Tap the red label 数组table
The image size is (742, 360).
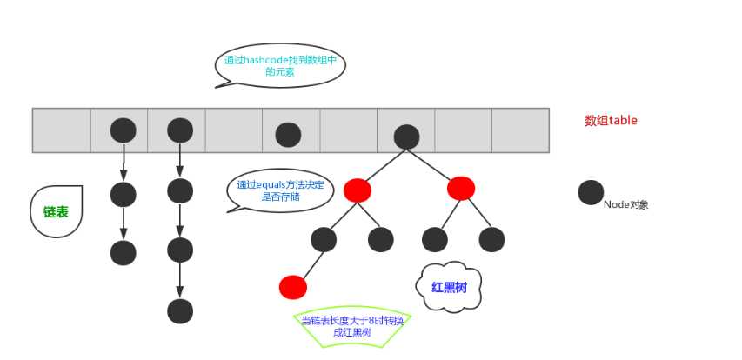(x=611, y=121)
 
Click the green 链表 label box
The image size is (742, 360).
(x=57, y=211)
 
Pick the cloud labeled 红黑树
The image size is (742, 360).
(x=449, y=286)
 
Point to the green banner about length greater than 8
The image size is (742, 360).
(x=352, y=326)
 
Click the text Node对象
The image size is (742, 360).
(x=626, y=205)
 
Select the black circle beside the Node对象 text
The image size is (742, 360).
(x=592, y=193)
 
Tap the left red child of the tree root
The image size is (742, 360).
(x=357, y=190)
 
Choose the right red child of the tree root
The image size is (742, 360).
(x=461, y=188)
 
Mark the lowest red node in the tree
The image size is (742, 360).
(x=293, y=286)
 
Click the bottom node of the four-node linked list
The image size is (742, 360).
(x=180, y=310)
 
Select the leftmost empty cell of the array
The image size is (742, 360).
(x=62, y=130)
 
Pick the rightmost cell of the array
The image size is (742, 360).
(x=520, y=130)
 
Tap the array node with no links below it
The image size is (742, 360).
(x=288, y=135)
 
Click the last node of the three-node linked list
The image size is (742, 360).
(x=124, y=252)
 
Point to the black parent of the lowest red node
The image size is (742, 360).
(x=323, y=239)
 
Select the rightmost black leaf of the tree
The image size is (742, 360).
(x=491, y=239)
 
